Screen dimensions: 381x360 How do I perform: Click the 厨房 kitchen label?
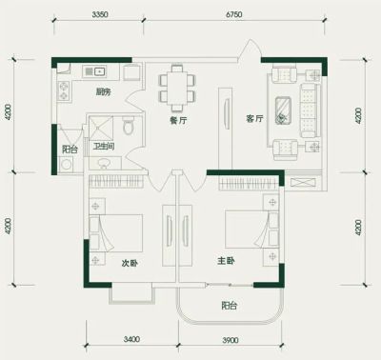click(104, 92)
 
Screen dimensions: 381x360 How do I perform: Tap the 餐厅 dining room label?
click(178, 121)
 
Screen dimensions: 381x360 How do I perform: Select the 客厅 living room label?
click(254, 119)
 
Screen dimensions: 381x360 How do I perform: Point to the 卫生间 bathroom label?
click(104, 147)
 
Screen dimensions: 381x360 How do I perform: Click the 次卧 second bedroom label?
click(130, 263)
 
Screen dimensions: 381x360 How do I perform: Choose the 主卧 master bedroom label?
click(226, 261)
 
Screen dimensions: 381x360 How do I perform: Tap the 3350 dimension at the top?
click(100, 14)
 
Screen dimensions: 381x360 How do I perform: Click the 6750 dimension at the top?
click(234, 14)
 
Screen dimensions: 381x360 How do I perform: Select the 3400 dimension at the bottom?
click(131, 339)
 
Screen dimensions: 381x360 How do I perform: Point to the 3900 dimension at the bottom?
click(231, 340)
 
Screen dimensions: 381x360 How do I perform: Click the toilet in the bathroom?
click(129, 126)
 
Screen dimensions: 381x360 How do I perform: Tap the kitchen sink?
click(94, 71)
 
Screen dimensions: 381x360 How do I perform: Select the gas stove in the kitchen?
click(64, 90)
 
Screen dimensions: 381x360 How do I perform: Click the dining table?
click(177, 89)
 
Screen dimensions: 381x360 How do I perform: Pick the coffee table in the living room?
click(283, 110)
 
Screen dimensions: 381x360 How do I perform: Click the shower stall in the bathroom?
click(101, 129)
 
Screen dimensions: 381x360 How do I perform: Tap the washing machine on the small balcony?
click(67, 165)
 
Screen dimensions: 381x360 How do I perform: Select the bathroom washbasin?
click(104, 163)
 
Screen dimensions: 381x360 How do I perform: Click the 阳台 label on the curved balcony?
click(230, 306)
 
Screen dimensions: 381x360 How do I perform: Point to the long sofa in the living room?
click(309, 110)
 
